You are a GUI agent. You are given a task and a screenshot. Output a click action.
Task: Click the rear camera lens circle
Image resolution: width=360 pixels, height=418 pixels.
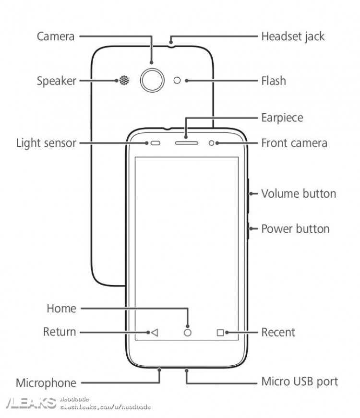point(152,80)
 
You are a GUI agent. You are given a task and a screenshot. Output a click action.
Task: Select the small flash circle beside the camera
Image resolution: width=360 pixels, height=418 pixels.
point(178,80)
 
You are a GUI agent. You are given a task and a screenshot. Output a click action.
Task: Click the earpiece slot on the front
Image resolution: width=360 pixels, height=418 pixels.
point(186,143)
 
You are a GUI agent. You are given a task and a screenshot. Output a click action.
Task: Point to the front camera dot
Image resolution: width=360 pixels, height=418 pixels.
point(212,143)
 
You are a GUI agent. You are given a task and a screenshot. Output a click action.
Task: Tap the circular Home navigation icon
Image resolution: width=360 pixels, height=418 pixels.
point(187,332)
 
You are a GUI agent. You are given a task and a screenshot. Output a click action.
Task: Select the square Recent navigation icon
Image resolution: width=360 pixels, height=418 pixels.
point(220,332)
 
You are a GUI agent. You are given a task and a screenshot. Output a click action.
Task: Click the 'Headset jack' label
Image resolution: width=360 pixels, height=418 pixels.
point(293,36)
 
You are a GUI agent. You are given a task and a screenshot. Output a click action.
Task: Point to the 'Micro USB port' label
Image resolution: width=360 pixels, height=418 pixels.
point(300,382)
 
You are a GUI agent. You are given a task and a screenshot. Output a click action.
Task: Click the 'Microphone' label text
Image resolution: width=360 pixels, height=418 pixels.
point(46,383)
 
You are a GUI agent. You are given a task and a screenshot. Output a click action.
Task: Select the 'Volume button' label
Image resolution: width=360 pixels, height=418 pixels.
point(299,194)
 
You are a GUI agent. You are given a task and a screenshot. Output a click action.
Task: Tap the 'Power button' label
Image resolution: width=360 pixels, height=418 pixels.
point(295,228)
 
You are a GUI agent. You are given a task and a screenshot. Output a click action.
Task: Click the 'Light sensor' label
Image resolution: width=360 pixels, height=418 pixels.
point(46,143)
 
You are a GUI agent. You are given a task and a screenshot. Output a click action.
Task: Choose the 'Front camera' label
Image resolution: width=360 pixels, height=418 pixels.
point(294,143)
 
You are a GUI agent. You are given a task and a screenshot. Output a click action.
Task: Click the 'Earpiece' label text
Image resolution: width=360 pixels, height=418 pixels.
point(282,118)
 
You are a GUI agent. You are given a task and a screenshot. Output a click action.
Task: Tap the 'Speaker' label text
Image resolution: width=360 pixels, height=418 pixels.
point(57,81)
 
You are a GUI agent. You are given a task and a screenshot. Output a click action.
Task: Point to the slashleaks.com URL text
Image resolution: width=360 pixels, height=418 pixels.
point(106,407)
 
